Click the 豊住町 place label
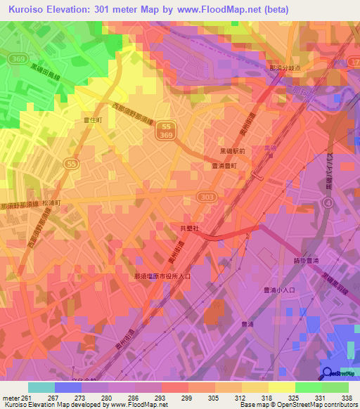click(94, 121)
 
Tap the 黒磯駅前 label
click(231, 151)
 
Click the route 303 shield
click(205, 197)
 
